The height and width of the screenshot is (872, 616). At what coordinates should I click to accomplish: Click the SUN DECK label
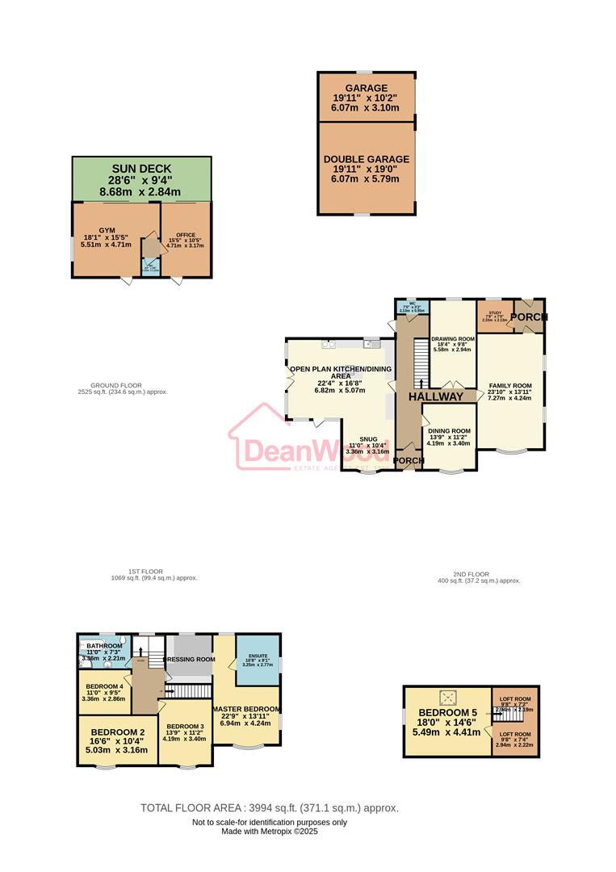point(141,168)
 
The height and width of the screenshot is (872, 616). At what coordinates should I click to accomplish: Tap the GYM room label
point(107,230)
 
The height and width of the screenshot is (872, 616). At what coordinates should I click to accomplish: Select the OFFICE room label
point(186,235)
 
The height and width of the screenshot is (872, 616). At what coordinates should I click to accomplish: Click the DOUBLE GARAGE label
point(367,160)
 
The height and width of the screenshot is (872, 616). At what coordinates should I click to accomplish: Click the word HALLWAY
point(436,397)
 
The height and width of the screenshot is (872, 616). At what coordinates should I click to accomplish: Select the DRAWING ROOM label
point(452,339)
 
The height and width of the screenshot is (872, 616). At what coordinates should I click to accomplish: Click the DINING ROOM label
point(449,431)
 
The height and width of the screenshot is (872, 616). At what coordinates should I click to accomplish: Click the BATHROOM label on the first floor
point(104,646)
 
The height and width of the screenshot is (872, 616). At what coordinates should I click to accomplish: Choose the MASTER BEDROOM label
point(247,711)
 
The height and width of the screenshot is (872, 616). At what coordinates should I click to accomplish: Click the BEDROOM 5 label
point(447,713)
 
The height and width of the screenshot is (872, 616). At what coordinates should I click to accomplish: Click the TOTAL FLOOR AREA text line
point(269,807)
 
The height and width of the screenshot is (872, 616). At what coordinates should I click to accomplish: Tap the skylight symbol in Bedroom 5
point(447,696)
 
